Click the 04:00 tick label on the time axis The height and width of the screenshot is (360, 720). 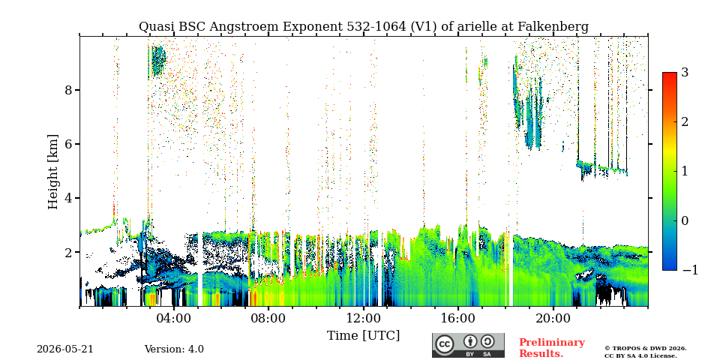click(174, 318)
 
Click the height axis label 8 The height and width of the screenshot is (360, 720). click(68, 90)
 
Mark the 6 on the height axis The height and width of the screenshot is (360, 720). click(68, 144)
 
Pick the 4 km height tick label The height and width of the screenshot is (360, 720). click(68, 198)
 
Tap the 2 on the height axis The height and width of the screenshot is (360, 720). click(68, 253)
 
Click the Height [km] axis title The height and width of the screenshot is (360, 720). click(53, 172)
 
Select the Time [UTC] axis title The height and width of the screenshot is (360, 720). click(363, 336)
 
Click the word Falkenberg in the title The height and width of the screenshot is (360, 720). click(553, 27)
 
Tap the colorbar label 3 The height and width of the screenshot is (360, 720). click(685, 72)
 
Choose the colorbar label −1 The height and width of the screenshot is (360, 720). click(690, 270)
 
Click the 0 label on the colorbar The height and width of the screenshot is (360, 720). click(685, 220)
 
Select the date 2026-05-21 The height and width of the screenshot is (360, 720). click(65, 349)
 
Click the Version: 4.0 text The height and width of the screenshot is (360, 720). click(174, 349)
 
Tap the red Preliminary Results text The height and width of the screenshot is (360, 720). click(552, 348)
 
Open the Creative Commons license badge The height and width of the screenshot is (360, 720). click(468, 345)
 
